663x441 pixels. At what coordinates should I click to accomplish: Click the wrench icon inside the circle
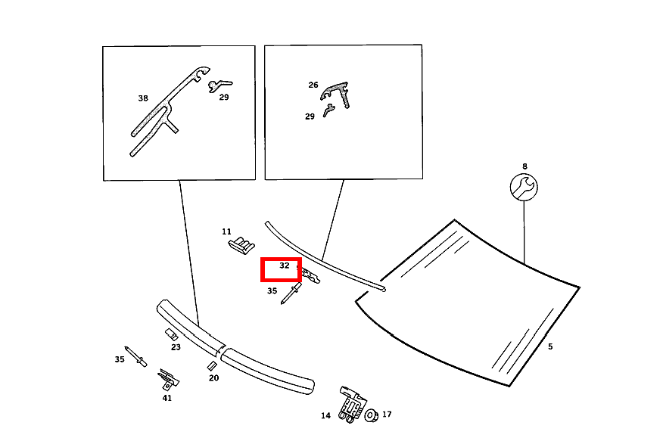(524, 187)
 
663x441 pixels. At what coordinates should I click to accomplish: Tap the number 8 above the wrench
(524, 166)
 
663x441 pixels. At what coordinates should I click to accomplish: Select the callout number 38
(143, 98)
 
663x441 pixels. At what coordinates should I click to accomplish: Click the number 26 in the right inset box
(313, 85)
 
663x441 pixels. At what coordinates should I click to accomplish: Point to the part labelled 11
(241, 245)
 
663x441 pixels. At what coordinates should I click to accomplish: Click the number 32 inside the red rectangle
(284, 266)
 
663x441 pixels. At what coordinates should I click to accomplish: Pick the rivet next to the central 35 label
(291, 293)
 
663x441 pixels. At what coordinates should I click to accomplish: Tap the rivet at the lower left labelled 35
(135, 356)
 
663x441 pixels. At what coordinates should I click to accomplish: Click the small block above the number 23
(171, 334)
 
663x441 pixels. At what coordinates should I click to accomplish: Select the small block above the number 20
(212, 366)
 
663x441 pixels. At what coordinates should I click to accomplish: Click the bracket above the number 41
(168, 379)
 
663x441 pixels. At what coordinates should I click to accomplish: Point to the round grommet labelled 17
(372, 415)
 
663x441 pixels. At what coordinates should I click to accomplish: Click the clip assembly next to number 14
(352, 405)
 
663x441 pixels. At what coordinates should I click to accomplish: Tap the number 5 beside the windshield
(550, 346)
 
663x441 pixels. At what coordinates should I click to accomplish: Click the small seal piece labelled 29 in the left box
(219, 85)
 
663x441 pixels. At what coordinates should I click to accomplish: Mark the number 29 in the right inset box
(310, 116)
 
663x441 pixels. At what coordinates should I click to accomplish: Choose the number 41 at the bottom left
(167, 398)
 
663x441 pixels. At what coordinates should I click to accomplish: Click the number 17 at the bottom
(387, 415)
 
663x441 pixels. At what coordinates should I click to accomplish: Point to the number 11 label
(226, 231)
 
